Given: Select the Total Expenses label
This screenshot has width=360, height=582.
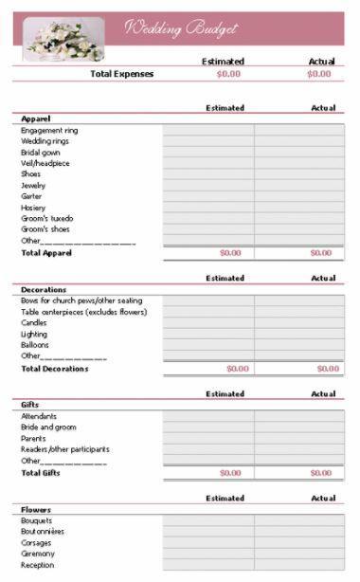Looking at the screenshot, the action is point(120,73).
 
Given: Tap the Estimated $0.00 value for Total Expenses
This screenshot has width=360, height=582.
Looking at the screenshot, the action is point(229,73).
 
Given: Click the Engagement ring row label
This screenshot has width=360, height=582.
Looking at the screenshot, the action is point(49,130).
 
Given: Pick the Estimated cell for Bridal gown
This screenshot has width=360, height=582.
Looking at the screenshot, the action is point(207,152).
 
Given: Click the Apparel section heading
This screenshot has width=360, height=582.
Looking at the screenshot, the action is point(36,118).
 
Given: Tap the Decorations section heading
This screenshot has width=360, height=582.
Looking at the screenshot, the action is point(44,289).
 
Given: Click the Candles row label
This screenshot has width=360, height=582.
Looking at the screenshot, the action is point(34,322).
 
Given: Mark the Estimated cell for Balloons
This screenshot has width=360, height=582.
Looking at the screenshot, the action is point(207,345).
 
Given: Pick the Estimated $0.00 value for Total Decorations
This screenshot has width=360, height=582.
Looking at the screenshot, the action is point(237,369).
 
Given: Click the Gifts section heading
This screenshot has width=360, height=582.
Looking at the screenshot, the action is point(29,405).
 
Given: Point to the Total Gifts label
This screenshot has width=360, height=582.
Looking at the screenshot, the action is point(41,472).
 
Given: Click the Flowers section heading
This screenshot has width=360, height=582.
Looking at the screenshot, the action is point(36,509).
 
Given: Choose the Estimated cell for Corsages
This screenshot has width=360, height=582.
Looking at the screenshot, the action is point(207,543).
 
